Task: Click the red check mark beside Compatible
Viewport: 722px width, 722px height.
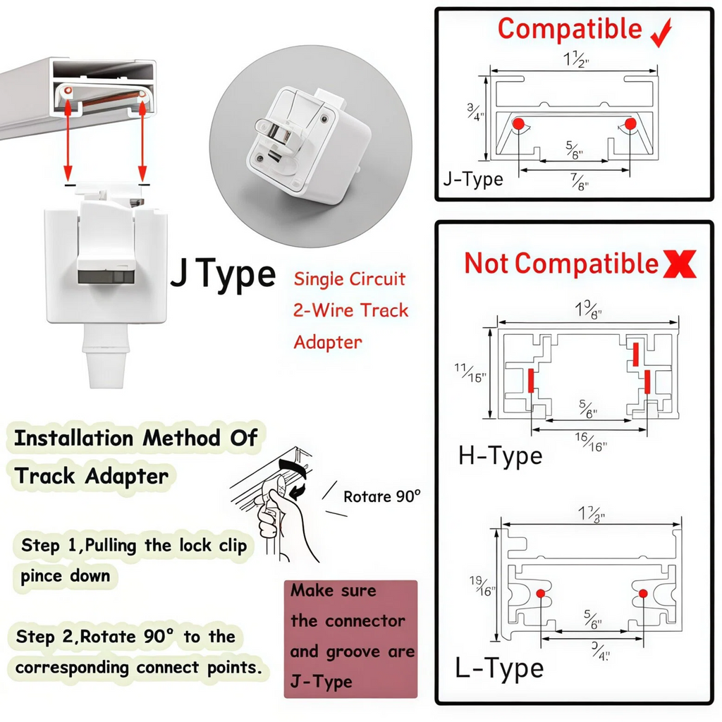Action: tap(661, 33)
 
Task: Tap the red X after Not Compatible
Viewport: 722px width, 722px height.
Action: tap(680, 264)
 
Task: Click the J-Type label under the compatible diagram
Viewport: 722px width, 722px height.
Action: tap(473, 179)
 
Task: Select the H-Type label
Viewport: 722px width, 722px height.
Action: tap(500, 455)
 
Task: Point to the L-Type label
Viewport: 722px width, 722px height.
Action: tap(500, 668)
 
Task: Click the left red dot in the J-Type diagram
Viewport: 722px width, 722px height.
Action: tap(518, 123)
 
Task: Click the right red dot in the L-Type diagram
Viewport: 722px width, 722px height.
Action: tap(642, 594)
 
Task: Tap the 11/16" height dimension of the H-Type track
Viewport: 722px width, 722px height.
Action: tap(470, 372)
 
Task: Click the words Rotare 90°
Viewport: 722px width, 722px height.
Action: tap(381, 496)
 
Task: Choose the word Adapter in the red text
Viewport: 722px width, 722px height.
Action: tap(327, 343)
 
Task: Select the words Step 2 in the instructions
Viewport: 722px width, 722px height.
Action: tap(46, 637)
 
